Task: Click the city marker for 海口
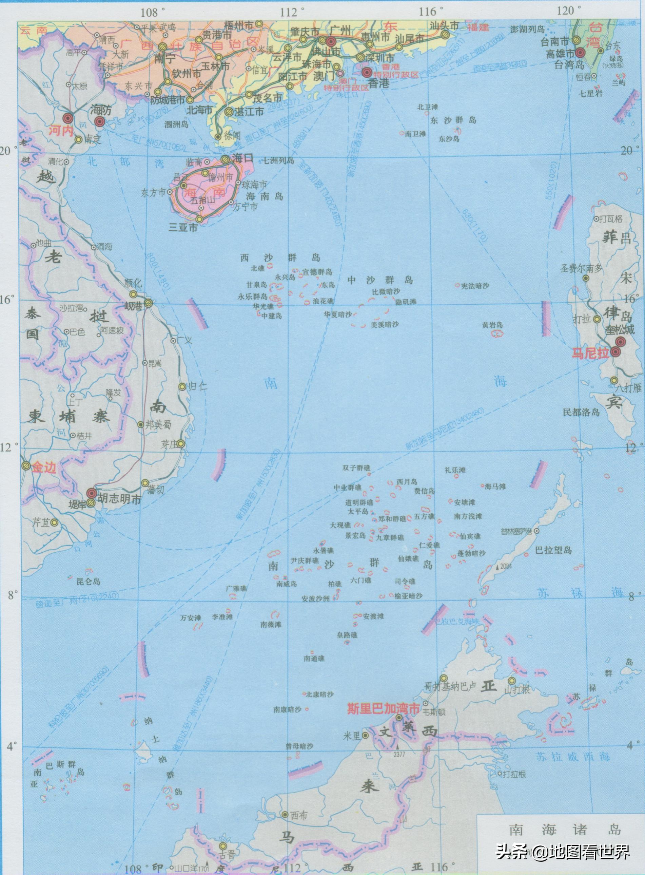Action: [225, 159]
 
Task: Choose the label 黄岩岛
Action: [492, 325]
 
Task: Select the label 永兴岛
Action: [284, 276]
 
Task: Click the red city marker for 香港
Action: [367, 72]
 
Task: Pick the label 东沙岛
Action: [449, 139]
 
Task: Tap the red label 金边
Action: [44, 468]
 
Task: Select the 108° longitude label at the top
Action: [151, 12]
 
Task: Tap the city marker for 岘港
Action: [149, 303]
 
